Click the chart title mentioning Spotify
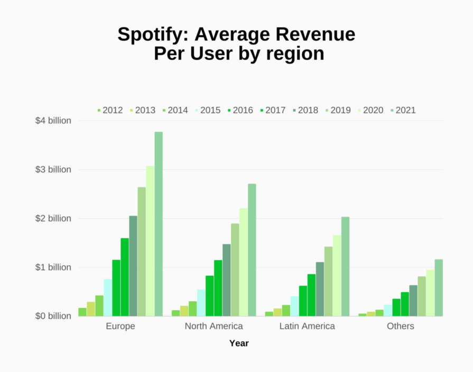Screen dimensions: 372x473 [x=236, y=44]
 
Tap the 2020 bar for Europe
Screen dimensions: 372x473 [x=150, y=241]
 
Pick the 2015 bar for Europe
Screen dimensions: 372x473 [x=108, y=297]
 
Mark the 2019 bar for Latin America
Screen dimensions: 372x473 [x=328, y=281]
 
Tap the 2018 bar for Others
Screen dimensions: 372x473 [x=413, y=301]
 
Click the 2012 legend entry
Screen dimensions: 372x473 [x=110, y=110]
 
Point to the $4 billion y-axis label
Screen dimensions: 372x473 [x=53, y=121]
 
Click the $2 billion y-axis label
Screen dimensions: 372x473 [x=53, y=219]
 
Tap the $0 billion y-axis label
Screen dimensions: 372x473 [x=53, y=316]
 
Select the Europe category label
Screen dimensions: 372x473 [x=120, y=326]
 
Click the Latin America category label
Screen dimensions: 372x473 [x=307, y=326]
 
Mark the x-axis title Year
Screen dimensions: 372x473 [x=239, y=343]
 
